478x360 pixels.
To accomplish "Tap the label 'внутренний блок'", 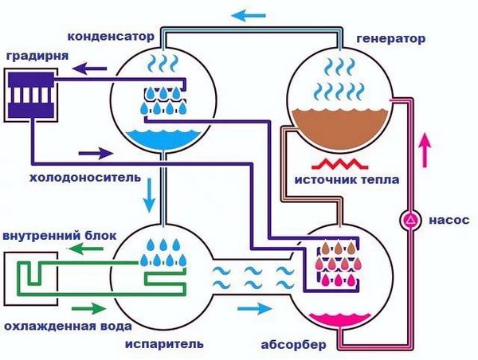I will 60,237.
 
